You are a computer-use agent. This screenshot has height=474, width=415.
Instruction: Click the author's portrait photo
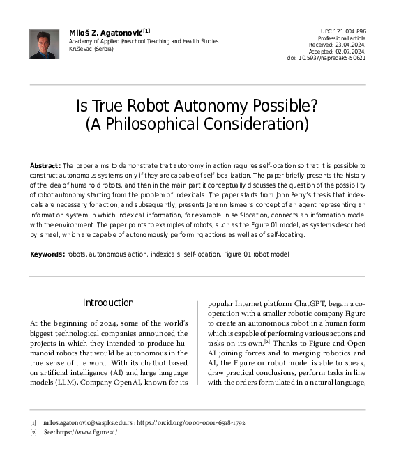[44, 44]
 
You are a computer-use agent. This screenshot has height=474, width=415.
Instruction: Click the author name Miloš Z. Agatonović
[105, 32]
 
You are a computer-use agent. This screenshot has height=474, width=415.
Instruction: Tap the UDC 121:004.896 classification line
[342, 31]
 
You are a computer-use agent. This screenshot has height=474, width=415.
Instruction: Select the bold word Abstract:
[45, 165]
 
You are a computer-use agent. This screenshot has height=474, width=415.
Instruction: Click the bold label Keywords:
[47, 254]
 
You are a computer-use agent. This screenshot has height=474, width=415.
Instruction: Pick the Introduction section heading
[108, 303]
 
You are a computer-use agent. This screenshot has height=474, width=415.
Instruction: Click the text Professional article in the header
[342, 38]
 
